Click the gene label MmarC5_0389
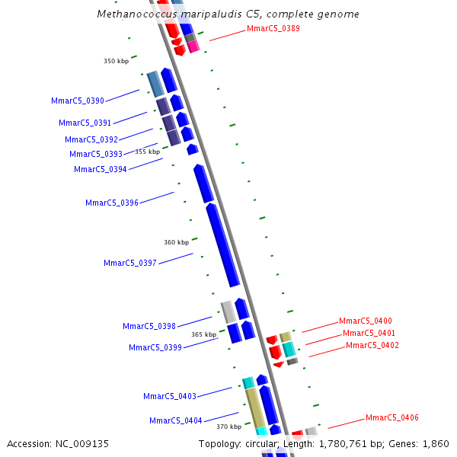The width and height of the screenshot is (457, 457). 273,29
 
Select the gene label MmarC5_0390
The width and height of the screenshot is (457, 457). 78,101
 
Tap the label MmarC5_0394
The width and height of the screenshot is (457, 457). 101,169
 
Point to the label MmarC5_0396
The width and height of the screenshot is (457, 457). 112,203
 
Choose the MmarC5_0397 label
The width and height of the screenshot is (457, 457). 130,263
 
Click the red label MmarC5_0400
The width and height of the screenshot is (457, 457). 366,321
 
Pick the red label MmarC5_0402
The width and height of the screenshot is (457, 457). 372,345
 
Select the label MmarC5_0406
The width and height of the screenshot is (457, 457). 392,417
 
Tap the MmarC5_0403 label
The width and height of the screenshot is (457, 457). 170,396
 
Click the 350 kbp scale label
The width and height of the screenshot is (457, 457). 117,61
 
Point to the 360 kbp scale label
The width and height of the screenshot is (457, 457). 176,242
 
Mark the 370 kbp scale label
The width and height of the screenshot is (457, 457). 228,427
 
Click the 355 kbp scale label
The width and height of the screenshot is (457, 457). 148,152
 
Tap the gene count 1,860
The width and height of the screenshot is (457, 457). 436,443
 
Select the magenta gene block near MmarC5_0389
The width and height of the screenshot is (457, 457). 193,46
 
